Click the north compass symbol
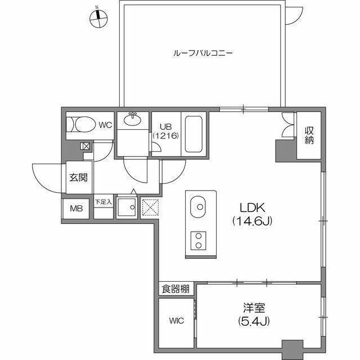(98, 19)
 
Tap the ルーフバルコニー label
(202, 53)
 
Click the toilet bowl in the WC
(85, 124)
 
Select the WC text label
(105, 125)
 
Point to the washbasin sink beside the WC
(133, 119)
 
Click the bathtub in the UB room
(193, 134)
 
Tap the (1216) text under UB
(166, 136)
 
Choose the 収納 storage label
(309, 136)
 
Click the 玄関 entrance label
(79, 177)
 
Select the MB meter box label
(76, 209)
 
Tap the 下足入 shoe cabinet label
(103, 202)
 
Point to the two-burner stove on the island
(199, 241)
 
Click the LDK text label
(253, 208)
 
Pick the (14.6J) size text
(253, 221)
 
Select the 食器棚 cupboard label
(175, 289)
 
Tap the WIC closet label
(177, 321)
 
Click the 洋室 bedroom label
(254, 308)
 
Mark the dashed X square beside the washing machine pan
(150, 208)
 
